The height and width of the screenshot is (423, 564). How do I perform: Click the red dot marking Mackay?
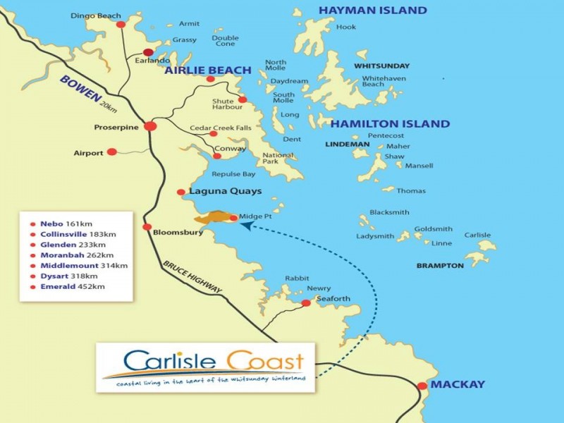click(422, 386)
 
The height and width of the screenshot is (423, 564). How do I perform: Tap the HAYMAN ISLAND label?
click(372, 11)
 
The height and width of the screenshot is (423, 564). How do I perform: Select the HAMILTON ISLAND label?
click(390, 124)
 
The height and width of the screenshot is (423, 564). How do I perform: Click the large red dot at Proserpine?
click(150, 126)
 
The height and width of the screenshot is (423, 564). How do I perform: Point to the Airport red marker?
click(111, 152)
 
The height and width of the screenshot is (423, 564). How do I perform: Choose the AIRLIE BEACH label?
click(208, 70)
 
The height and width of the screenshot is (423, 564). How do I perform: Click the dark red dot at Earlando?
click(149, 52)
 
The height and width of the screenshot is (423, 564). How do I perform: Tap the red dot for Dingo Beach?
click(121, 24)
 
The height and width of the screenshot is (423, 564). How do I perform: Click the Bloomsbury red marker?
click(147, 227)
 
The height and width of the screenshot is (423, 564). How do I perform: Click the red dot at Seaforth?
click(305, 303)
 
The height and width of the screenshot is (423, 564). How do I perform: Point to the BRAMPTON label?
click(439, 266)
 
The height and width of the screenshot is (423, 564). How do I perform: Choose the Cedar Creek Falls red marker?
click(214, 133)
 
